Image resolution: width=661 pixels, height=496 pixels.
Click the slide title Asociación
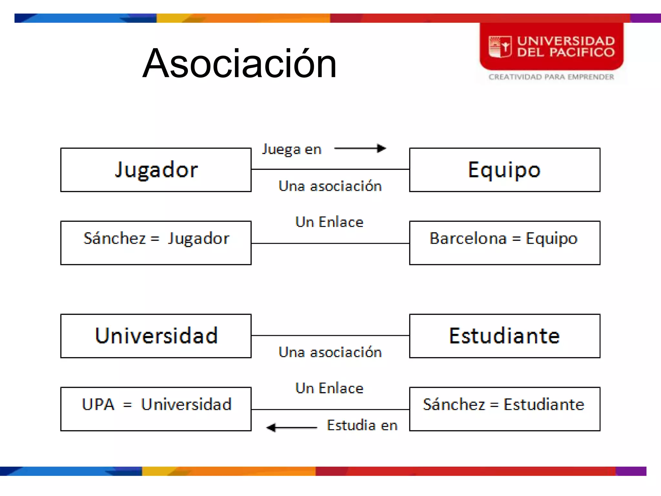pyautogui.click(x=239, y=63)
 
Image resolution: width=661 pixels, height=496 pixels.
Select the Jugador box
pyautogui.click(x=156, y=170)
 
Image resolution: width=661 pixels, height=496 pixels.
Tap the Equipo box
pyautogui.click(x=504, y=170)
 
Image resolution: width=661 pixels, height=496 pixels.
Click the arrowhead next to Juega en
pyautogui.click(x=382, y=148)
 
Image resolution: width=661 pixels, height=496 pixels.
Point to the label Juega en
pyautogui.click(x=292, y=150)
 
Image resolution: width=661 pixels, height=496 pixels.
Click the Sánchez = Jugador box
pyautogui.click(x=156, y=243)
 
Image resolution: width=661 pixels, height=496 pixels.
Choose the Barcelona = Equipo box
pyautogui.click(x=504, y=243)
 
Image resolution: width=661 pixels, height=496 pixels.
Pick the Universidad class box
pyautogui.click(x=156, y=336)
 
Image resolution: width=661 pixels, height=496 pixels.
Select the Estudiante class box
pyautogui.click(x=504, y=336)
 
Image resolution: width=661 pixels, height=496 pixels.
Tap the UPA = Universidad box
pyautogui.click(x=156, y=409)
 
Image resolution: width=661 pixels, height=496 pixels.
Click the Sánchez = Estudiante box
pyautogui.click(x=504, y=409)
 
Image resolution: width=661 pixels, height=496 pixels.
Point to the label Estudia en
pyautogui.click(x=362, y=425)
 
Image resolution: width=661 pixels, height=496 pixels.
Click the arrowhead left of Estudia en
pyautogui.click(x=271, y=428)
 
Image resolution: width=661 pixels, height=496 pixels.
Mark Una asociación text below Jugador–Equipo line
pyautogui.click(x=330, y=186)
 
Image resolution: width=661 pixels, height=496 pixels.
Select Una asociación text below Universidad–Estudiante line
pyautogui.click(x=330, y=352)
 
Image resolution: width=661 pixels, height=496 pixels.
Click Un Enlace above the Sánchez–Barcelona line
pyautogui.click(x=329, y=222)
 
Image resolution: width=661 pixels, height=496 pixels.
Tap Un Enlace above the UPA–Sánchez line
pyautogui.click(x=329, y=388)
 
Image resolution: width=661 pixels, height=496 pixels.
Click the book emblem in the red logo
pyautogui.click(x=500, y=47)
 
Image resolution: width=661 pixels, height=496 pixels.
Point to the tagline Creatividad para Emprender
pyautogui.click(x=551, y=77)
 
